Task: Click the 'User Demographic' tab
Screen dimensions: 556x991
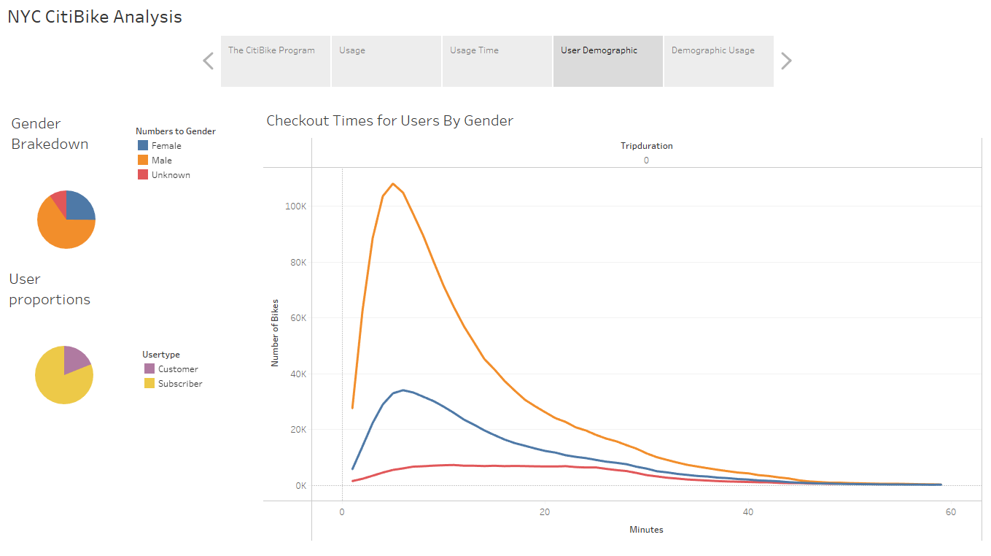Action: click(x=607, y=61)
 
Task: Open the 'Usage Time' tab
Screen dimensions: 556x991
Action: click(x=497, y=61)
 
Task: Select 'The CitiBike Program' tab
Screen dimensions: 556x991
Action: click(x=276, y=61)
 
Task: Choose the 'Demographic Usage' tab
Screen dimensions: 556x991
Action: click(x=718, y=61)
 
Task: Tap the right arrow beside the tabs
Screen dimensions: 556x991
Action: click(x=786, y=61)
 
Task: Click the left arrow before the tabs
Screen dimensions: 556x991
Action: click(x=208, y=61)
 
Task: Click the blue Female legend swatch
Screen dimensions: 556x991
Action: click(x=143, y=146)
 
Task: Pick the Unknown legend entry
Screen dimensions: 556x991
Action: click(x=171, y=175)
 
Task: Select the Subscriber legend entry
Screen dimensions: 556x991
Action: click(x=180, y=384)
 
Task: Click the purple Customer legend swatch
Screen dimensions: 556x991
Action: click(x=149, y=369)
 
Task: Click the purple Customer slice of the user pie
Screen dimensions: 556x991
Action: click(x=76, y=358)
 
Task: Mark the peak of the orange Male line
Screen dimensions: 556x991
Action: click(x=393, y=184)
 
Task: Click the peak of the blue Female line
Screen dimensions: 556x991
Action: click(x=403, y=390)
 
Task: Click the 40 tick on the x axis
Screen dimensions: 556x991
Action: click(x=747, y=512)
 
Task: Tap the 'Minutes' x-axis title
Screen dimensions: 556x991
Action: click(x=646, y=530)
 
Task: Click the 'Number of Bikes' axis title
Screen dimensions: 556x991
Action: click(x=276, y=333)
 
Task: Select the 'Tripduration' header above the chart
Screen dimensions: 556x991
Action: click(x=646, y=146)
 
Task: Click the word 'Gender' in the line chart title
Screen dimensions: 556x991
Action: click(x=489, y=121)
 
